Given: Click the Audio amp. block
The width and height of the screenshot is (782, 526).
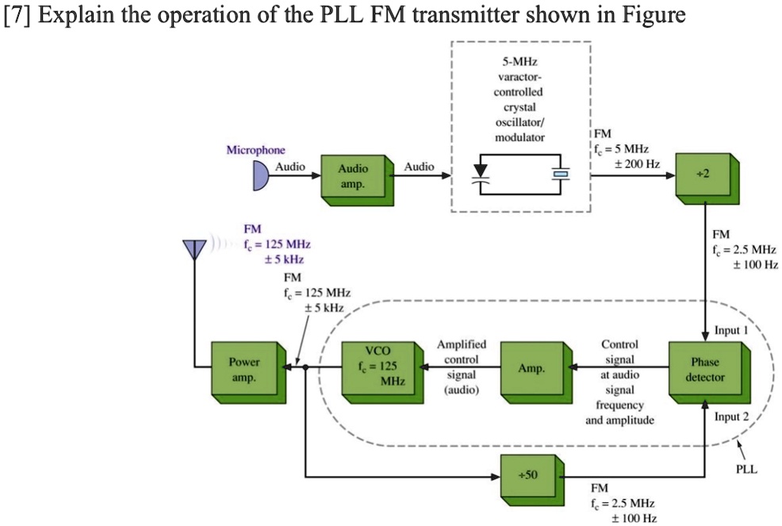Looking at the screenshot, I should [353, 177].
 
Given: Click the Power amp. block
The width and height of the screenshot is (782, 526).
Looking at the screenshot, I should [244, 371].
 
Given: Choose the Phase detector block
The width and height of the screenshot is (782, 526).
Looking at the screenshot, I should [704, 371].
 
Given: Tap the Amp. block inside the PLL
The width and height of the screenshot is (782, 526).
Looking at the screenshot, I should [531, 371].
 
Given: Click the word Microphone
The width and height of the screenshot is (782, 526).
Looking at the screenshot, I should [255, 150].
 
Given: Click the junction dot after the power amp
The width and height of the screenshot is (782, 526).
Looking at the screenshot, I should [305, 367].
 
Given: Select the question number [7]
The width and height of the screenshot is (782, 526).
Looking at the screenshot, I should [17, 15].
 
